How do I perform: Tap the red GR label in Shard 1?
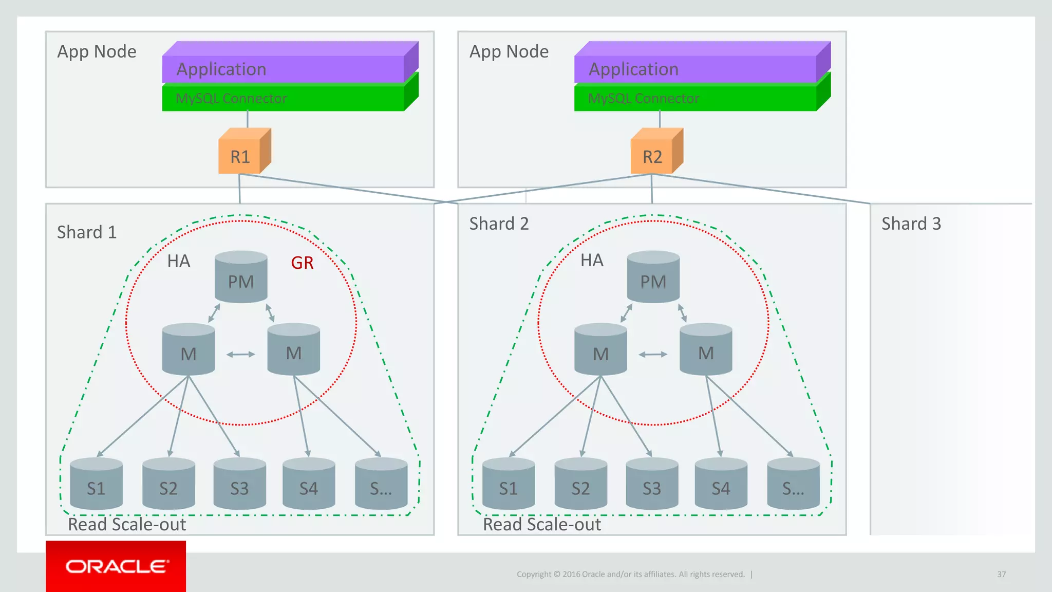(302, 263)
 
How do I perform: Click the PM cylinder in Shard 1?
(241, 277)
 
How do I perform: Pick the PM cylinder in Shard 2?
(653, 277)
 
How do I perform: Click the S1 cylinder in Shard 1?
(96, 484)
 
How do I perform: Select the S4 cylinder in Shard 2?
(721, 484)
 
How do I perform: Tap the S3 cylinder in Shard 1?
(239, 484)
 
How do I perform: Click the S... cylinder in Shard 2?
(793, 484)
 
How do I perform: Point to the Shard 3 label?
(911, 224)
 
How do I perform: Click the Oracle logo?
(116, 566)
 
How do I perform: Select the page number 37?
(1001, 574)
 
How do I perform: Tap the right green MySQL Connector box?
(696, 98)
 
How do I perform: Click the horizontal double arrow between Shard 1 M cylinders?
(240, 354)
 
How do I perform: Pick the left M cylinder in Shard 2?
(600, 349)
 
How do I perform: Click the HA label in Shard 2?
(592, 261)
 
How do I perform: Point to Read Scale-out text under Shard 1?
(127, 525)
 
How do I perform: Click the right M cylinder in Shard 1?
(293, 349)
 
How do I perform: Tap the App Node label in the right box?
(509, 52)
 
